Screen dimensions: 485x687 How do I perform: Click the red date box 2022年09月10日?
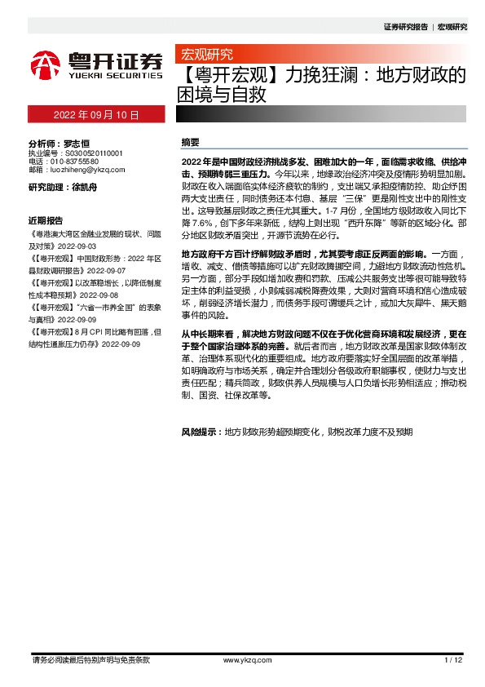(96, 115)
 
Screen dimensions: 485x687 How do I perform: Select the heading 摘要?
(191, 142)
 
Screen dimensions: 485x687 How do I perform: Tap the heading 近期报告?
(46, 220)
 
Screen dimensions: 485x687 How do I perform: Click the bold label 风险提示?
(201, 431)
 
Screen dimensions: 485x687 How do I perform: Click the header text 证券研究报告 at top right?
(406, 27)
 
